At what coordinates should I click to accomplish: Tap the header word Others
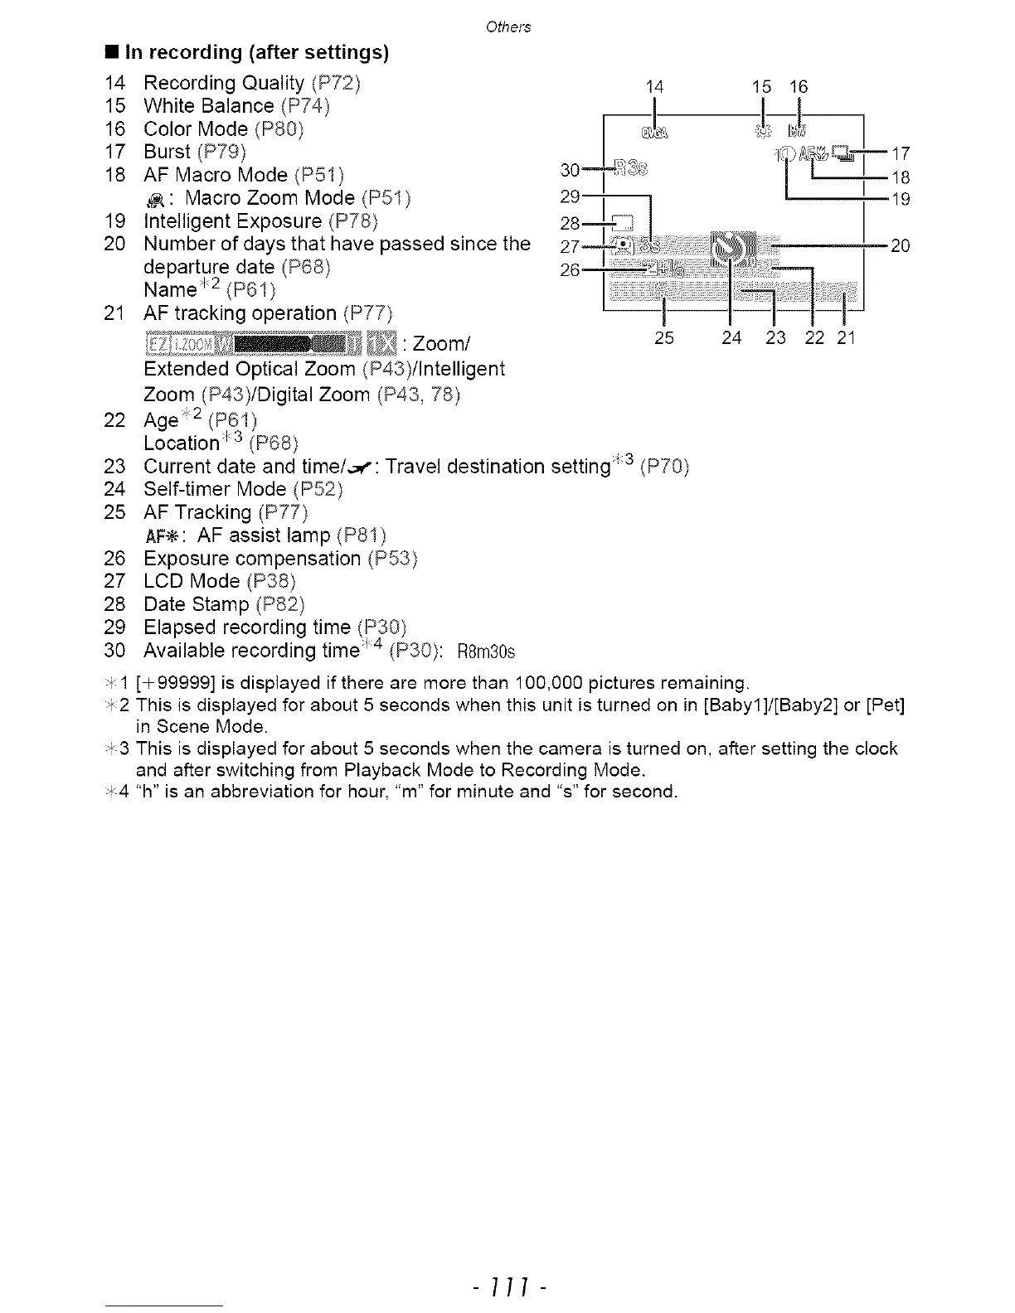pyautogui.click(x=508, y=27)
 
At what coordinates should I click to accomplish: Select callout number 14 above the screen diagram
pyautogui.click(x=655, y=86)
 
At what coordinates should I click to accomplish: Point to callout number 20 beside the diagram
pyautogui.click(x=901, y=245)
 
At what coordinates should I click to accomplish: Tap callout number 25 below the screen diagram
pyautogui.click(x=664, y=337)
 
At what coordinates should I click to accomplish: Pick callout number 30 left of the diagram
pyautogui.click(x=570, y=170)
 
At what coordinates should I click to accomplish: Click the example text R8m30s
pyautogui.click(x=486, y=652)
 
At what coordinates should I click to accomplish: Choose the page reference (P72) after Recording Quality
pyautogui.click(x=337, y=83)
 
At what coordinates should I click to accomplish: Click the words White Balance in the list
pyautogui.click(x=208, y=106)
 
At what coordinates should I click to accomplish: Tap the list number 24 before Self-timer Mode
pyautogui.click(x=114, y=489)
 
